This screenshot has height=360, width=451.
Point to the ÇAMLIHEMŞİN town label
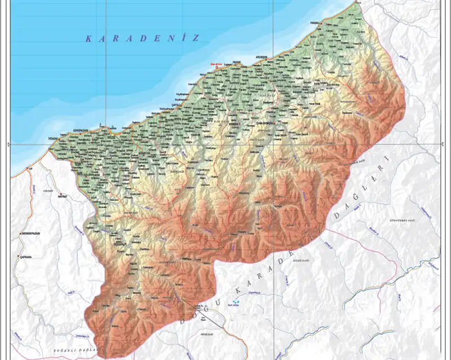pyautogui.click(x=265, y=122)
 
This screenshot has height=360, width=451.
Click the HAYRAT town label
pyautogui.click(x=61, y=196)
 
